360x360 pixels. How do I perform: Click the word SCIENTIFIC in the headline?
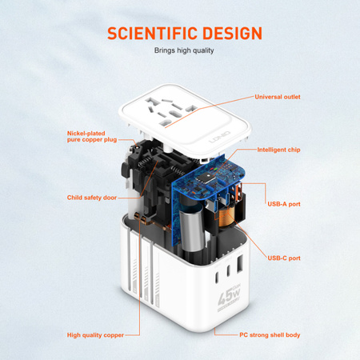pyautogui.click(x=146, y=33)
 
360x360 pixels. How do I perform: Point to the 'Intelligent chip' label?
pyautogui.click(x=279, y=150)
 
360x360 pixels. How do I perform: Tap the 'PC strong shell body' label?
pyautogui.click(x=270, y=334)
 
